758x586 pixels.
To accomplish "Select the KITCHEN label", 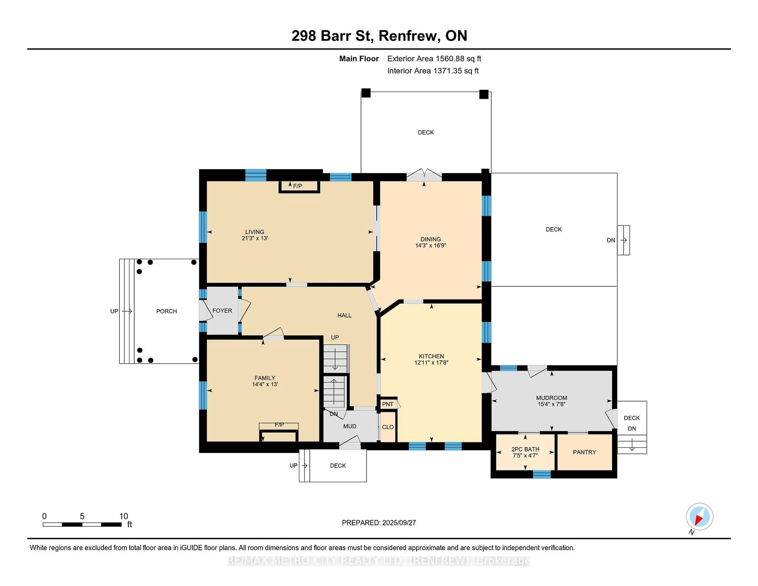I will coord(431,356).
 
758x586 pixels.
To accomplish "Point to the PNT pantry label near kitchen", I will coord(388,404).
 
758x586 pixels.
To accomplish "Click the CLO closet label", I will coord(388,427).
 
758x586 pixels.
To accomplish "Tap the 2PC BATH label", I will coord(525,449).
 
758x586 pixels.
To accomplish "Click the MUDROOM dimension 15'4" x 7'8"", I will coord(552,404).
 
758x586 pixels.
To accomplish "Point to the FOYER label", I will coord(222,311).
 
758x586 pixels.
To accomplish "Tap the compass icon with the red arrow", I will coord(699,517).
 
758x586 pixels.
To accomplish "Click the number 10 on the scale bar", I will coord(124,516).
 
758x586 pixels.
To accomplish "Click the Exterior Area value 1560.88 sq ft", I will coord(458,59).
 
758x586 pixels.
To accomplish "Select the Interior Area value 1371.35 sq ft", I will coord(456,71).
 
